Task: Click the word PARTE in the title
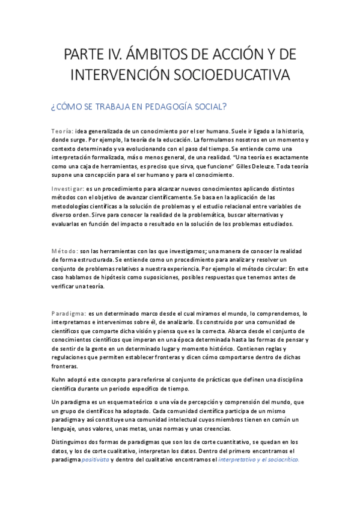tap(83, 56)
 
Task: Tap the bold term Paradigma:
tap(69, 313)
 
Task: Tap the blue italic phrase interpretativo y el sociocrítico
tap(258, 460)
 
